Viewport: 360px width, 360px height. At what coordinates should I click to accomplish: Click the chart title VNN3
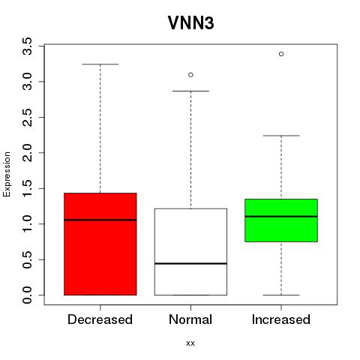(190, 23)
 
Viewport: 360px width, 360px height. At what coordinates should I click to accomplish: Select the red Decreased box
(100, 244)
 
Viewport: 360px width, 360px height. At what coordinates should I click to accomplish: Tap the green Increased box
(281, 220)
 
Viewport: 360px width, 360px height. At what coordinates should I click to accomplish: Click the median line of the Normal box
(190, 263)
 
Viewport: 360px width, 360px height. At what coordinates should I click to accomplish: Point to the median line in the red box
(100, 220)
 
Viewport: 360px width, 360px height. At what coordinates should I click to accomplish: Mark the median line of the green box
(281, 217)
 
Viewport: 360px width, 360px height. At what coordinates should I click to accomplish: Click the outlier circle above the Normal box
(190, 75)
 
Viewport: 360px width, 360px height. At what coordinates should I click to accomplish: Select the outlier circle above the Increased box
(281, 54)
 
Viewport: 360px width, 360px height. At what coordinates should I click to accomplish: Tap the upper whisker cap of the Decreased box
(100, 64)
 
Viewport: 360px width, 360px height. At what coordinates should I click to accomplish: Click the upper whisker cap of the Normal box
(190, 91)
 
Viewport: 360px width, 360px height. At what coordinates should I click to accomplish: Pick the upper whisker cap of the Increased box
(281, 136)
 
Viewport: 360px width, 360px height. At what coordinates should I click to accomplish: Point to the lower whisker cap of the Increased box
(281, 295)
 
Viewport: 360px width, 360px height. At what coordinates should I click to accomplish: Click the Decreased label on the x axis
(100, 319)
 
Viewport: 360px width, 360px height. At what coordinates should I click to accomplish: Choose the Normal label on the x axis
(190, 319)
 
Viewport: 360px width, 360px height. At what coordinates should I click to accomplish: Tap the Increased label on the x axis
(281, 319)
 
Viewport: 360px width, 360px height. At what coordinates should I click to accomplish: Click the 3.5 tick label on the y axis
(27, 46)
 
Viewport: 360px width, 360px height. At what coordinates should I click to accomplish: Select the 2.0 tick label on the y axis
(27, 153)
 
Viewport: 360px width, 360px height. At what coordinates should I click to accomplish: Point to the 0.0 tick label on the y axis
(27, 295)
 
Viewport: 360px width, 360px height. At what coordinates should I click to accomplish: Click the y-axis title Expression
(7, 174)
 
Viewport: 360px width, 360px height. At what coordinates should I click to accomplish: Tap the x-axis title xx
(190, 343)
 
